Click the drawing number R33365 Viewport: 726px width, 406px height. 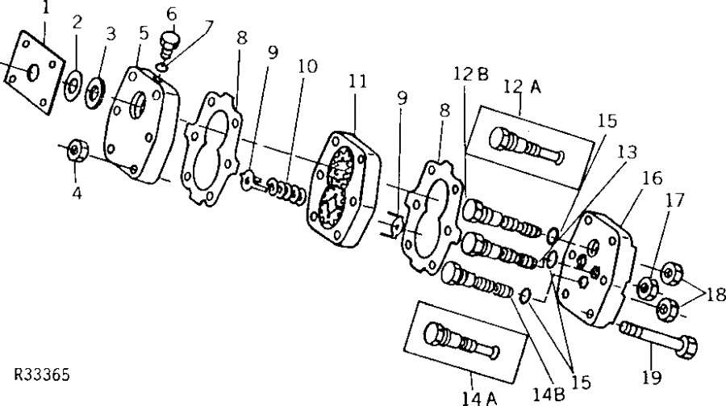42,375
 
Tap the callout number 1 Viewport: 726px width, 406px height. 45,8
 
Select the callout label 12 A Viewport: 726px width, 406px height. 522,86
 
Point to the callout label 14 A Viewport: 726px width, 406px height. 479,399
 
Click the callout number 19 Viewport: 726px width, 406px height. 652,378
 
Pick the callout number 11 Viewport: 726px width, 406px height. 357,81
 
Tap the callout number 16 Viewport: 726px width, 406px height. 653,178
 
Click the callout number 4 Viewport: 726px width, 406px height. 77,192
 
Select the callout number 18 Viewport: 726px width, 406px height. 715,295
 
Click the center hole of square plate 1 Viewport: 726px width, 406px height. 33,73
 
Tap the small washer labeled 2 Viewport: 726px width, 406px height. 73,86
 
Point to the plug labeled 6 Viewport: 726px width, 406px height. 169,43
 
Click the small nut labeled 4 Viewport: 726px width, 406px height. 77,151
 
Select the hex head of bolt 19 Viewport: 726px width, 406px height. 686,345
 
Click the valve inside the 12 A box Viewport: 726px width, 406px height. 527,144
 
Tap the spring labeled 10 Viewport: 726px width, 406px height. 286,191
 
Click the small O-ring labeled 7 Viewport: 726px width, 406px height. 161,68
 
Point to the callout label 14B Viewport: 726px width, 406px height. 549,394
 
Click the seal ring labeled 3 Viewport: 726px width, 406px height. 95,93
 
